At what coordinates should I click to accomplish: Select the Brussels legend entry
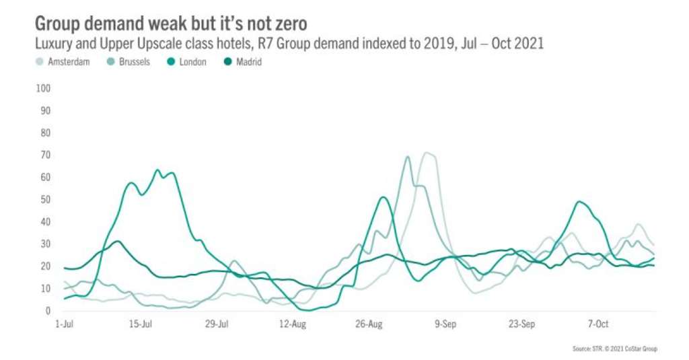click(131, 62)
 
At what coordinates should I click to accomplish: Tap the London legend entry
click(192, 62)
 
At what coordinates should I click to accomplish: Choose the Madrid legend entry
click(248, 62)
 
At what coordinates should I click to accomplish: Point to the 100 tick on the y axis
click(44, 88)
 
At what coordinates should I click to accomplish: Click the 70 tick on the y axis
click(46, 155)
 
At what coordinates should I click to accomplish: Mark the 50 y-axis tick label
click(46, 199)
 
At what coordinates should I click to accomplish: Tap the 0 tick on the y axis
click(48, 311)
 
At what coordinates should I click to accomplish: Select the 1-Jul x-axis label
click(63, 324)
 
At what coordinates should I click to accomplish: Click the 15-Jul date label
click(140, 324)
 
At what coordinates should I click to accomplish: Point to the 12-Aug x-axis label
click(291, 324)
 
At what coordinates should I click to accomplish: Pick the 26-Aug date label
click(368, 324)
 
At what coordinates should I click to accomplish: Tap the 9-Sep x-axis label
click(445, 324)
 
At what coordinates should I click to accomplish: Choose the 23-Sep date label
click(521, 324)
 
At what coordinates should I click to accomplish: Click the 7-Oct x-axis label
click(598, 324)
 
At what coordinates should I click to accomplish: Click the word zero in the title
click(287, 24)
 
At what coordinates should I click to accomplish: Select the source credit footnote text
click(614, 349)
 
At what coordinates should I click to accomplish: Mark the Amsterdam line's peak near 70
click(427, 153)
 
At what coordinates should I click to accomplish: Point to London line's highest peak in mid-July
click(158, 170)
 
